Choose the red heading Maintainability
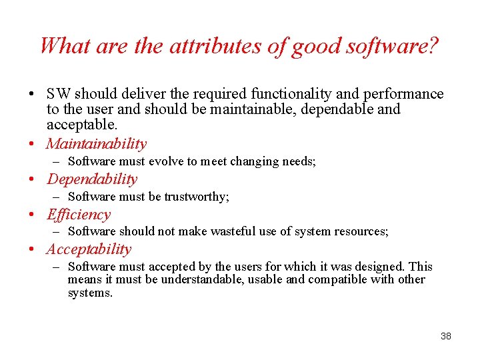[97, 143]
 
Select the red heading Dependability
[92, 179]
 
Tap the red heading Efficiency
[79, 214]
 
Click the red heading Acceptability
[89, 249]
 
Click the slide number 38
[446, 336]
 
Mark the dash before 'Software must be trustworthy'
[58, 197]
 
